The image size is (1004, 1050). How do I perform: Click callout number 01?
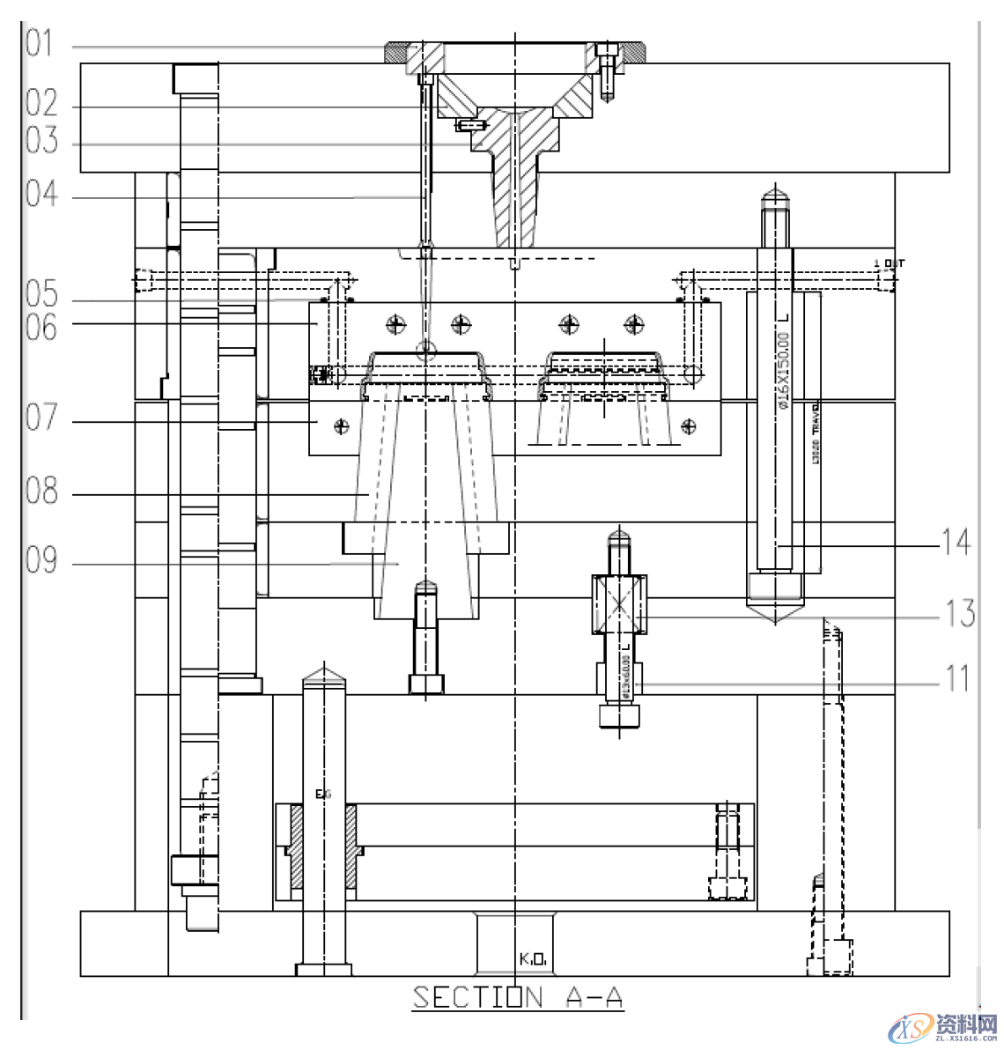click(x=40, y=43)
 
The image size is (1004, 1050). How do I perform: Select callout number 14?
click(x=956, y=542)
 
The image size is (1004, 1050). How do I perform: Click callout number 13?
click(x=959, y=613)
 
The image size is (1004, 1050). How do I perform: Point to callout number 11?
click(x=957, y=679)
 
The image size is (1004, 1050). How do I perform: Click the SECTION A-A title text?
click(x=518, y=997)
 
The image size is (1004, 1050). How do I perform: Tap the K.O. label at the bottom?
click(x=533, y=958)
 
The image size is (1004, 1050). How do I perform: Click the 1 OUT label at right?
click(x=889, y=263)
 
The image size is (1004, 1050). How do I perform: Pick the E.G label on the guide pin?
click(x=323, y=795)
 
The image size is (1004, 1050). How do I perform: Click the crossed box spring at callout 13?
click(x=620, y=605)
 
